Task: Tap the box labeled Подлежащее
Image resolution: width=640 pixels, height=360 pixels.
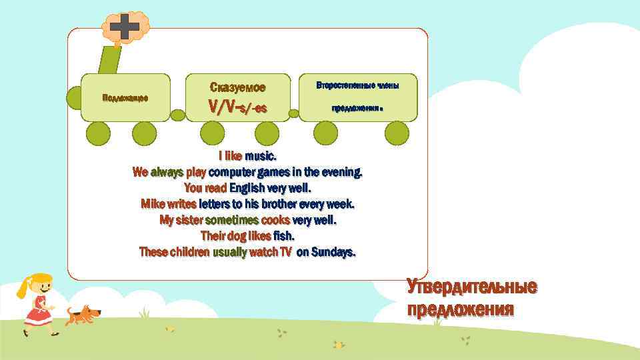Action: coord(125,97)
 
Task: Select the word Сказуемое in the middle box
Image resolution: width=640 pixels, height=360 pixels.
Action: coord(237,87)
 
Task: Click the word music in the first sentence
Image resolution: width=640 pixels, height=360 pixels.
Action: coord(260,157)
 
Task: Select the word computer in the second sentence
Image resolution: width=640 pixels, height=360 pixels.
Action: coord(233,173)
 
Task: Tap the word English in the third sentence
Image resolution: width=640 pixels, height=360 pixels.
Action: coord(248,189)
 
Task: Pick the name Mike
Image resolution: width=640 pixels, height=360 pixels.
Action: coord(153,204)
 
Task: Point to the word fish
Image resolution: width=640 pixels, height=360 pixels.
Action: coord(283,236)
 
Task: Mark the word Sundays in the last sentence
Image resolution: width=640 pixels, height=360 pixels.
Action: coord(333,252)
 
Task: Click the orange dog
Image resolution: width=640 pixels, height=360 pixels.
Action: coord(83,314)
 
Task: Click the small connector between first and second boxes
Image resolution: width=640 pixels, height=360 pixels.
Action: coord(178,115)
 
